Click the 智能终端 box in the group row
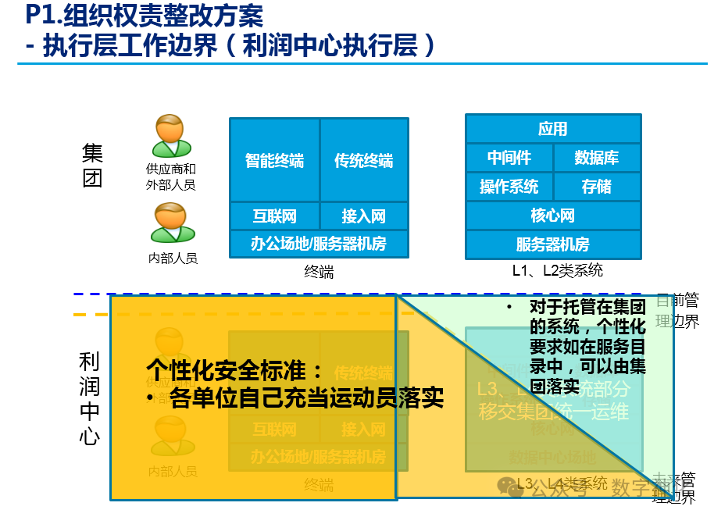click(274, 160)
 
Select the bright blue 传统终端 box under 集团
click(364, 160)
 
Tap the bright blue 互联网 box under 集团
click(274, 216)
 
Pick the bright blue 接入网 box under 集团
click(364, 216)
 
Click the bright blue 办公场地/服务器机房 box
click(319, 244)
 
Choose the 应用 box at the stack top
click(553, 129)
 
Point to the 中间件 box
click(509, 158)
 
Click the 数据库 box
click(597, 158)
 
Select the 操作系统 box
click(509, 187)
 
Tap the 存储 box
click(597, 187)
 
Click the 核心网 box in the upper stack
click(553, 215)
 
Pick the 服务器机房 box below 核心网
click(553, 244)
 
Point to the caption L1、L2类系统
click(552, 272)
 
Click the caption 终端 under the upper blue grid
click(319, 273)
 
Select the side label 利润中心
click(90, 398)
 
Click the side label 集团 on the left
click(92, 165)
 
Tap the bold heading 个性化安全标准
click(234, 369)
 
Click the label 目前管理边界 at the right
click(677, 311)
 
